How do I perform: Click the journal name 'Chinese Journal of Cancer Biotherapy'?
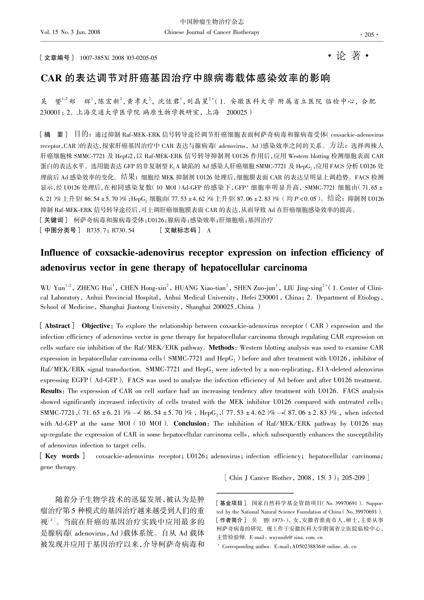pyautogui.click(x=212, y=32)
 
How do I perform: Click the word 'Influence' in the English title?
pyautogui.click(x=60, y=253)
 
